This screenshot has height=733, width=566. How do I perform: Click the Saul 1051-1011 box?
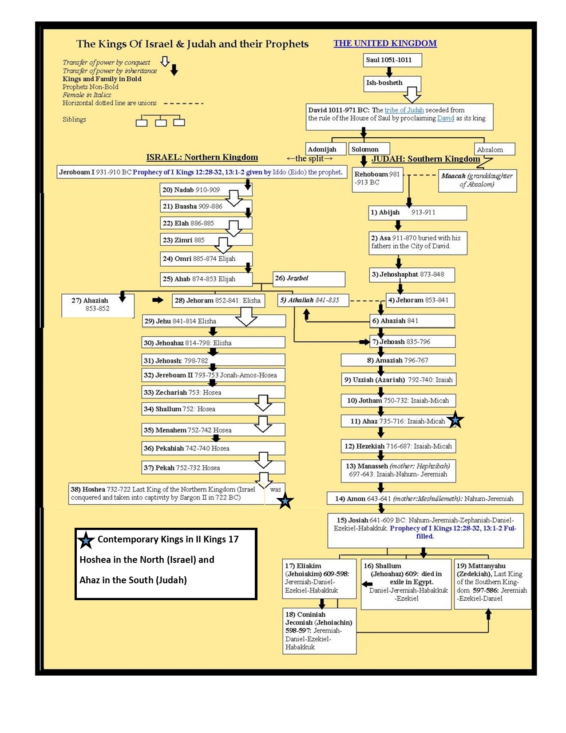(392, 60)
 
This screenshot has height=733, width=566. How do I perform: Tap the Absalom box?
(494, 149)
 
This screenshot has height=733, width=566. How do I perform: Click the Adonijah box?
(325, 149)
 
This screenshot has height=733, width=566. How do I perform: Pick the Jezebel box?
(309, 279)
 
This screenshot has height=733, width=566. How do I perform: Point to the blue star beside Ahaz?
(455, 420)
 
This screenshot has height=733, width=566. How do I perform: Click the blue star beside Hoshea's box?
(285, 501)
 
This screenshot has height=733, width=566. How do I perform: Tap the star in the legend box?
(86, 540)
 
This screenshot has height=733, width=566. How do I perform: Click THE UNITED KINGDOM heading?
(385, 44)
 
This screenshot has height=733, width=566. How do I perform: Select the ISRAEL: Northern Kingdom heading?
(202, 157)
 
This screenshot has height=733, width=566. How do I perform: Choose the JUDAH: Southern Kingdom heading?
(426, 159)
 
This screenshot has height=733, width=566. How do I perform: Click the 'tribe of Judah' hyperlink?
(404, 110)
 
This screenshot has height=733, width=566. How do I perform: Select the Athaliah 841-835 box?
(313, 300)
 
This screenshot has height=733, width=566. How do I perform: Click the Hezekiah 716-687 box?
(398, 446)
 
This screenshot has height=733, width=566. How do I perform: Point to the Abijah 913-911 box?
(417, 212)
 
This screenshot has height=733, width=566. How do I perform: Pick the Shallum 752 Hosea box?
(213, 409)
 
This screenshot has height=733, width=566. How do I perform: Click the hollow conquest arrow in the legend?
(165, 62)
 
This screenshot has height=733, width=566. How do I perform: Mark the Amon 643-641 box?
(424, 498)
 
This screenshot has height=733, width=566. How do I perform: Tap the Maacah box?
(477, 180)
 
